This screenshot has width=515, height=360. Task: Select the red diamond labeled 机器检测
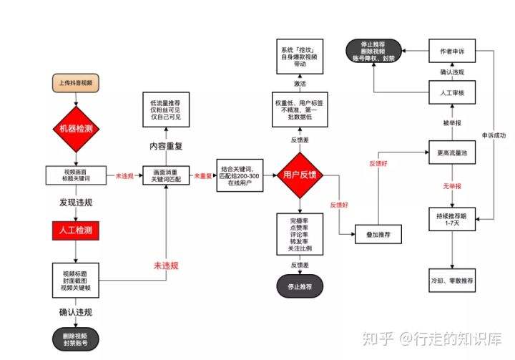[75, 129]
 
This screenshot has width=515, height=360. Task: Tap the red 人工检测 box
[75, 230]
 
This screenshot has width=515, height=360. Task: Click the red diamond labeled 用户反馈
[300, 175]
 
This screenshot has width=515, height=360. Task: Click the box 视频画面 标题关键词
[75, 175]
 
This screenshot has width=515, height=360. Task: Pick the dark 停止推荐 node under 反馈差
[300, 286]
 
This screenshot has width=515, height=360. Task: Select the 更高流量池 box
[451, 152]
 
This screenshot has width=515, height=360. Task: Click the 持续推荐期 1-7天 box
[451, 219]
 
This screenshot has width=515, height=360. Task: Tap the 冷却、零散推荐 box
[451, 281]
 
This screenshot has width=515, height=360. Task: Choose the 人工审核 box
[451, 94]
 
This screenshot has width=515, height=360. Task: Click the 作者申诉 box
[451, 52]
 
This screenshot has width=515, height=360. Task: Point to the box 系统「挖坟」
[300, 57]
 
